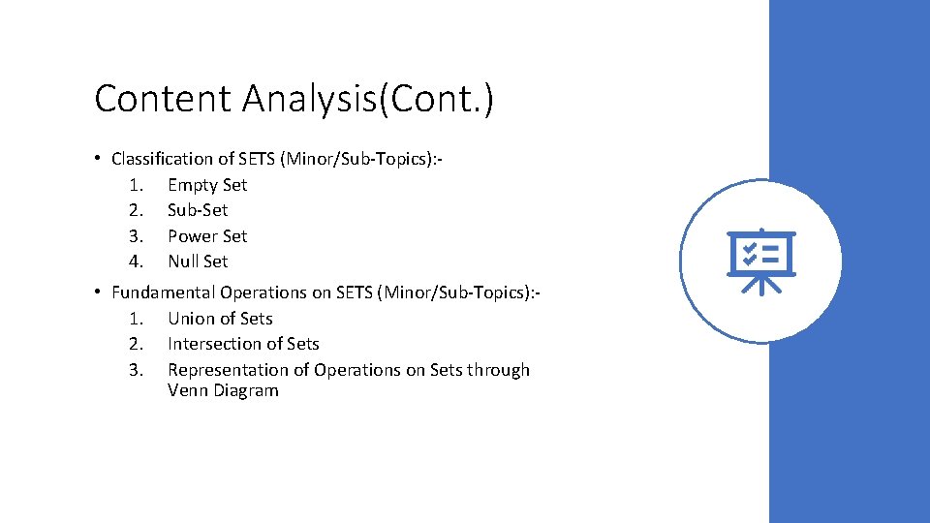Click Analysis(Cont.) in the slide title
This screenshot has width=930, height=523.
pos(368,99)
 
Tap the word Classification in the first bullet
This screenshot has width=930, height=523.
pos(161,159)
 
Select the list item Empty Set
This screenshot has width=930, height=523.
pos(207,185)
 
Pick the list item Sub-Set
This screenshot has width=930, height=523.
pos(198,210)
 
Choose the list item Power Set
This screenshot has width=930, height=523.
pos(207,236)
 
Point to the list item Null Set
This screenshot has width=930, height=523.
pos(198,261)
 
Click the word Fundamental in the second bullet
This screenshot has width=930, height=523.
pos(164,292)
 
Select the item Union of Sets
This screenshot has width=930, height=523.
pos(220,319)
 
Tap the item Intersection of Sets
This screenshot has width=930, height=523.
pos(243,344)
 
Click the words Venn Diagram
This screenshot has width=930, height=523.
pos(223,391)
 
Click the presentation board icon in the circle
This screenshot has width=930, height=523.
pos(761,261)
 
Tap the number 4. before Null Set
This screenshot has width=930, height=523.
pos(136,261)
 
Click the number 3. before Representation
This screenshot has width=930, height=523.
pos(136,370)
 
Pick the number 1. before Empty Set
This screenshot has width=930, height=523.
pos(136,185)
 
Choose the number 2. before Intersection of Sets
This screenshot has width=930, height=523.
pos(136,344)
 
